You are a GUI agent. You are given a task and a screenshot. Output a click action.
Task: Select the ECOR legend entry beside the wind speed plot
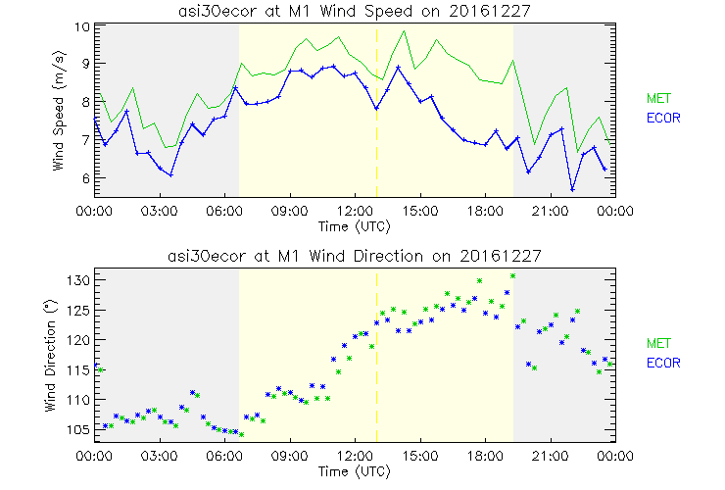662,118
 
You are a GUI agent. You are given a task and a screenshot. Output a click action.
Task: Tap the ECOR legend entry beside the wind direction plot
662,363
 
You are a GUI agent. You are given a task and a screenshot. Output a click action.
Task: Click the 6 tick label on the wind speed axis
84,178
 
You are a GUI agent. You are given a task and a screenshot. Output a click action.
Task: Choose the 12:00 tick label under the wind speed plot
355,210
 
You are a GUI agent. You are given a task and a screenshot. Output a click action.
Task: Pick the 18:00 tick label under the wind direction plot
484,456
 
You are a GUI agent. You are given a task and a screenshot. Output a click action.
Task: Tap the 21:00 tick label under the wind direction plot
550,456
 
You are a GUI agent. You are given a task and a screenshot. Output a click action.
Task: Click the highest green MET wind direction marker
512,276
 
